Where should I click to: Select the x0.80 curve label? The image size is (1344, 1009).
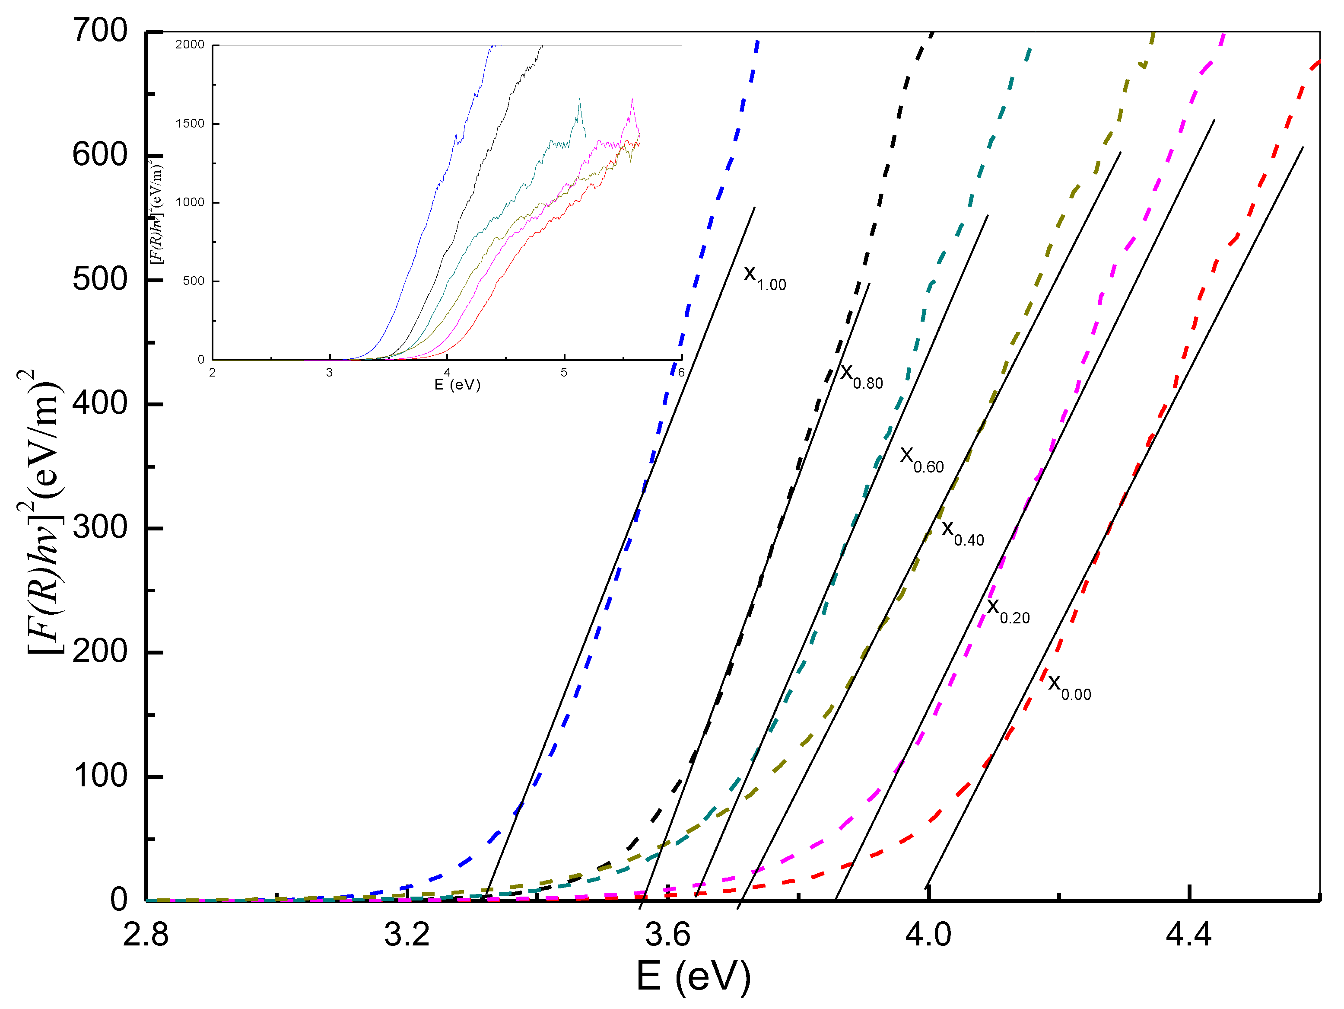pos(861,376)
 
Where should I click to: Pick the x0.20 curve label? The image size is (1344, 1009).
pos(1008,611)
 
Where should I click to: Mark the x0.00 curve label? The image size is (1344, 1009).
pos(1069,687)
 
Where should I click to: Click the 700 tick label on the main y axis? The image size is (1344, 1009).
pos(100,30)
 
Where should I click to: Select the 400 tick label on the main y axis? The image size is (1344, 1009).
pos(100,403)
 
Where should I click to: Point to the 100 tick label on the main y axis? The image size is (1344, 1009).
pos(100,776)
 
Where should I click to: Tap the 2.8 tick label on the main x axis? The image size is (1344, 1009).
pos(146,934)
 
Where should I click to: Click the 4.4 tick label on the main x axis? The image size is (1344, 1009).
pos(1189,934)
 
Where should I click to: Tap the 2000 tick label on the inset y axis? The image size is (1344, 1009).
pos(190,45)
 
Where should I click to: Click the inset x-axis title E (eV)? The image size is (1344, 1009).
pos(457,385)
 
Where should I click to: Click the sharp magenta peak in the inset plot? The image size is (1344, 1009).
pos(632,100)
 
